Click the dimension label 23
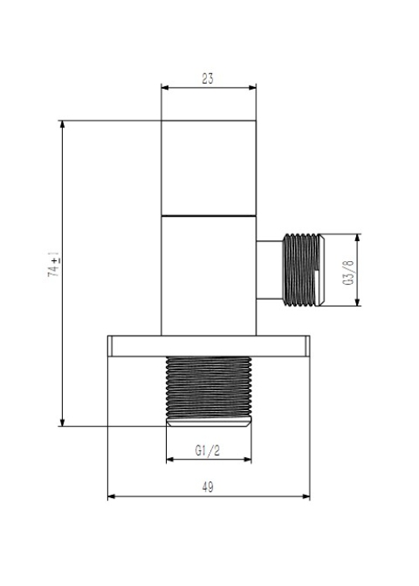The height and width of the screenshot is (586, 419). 208,79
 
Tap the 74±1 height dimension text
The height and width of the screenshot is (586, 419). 55,266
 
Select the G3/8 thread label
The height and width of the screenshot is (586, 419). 348,272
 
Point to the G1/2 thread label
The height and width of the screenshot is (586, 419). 208,450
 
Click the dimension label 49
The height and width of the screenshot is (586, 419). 208,487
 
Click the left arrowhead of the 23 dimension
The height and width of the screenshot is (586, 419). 165,88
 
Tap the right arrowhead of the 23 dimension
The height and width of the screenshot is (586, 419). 252,88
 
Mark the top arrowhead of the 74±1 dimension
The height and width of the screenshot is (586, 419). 63,125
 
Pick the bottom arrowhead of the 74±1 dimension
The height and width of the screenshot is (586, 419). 63,422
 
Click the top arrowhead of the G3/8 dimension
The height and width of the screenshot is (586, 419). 358,238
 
